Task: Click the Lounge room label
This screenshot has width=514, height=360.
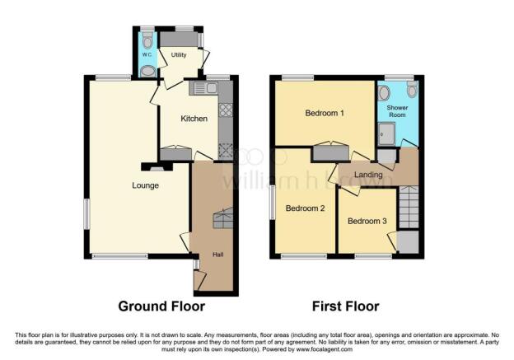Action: [145, 185]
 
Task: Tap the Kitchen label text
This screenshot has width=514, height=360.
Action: [194, 119]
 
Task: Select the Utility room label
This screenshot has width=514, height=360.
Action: [179, 54]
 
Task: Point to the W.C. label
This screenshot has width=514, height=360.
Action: [147, 54]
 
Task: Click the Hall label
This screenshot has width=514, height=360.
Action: [218, 255]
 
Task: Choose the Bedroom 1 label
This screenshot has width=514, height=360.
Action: [325, 113]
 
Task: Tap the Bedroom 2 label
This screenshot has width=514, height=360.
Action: [305, 208]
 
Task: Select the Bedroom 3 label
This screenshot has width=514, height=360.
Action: [367, 221]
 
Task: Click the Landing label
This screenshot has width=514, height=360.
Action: [368, 175]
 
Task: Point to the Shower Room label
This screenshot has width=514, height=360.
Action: [397, 111]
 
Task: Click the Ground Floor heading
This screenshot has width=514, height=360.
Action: [161, 306]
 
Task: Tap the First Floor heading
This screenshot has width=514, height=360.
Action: [345, 306]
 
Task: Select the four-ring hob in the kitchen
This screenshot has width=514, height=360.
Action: [226, 110]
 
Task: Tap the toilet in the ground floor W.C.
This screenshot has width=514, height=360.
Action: [147, 40]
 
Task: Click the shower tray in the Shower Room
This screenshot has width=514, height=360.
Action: [386, 133]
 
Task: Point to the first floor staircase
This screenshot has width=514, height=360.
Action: [409, 207]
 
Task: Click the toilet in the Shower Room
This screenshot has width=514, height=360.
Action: [412, 88]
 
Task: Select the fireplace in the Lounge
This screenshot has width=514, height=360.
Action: [157, 167]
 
